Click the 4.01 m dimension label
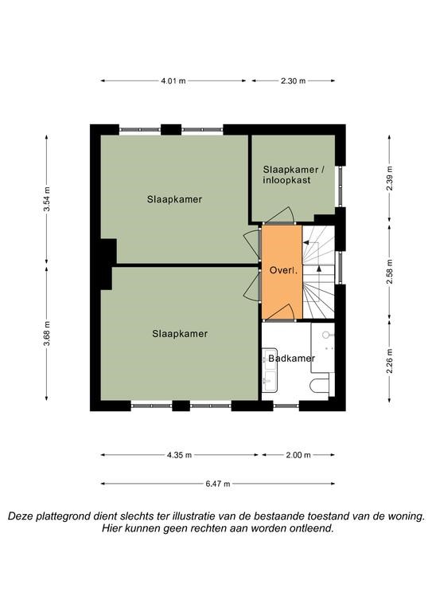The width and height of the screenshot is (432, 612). [173, 81]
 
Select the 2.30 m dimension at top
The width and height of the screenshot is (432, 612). [293, 81]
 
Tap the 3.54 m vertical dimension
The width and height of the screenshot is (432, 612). [47, 198]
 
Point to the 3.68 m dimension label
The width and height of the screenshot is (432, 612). [47, 333]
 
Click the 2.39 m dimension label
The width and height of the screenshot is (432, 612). [390, 178]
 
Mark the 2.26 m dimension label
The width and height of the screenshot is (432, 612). [390, 360]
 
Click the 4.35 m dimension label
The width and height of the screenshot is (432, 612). [179, 455]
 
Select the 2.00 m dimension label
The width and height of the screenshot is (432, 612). [298, 455]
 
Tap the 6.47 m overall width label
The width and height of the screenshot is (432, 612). [218, 484]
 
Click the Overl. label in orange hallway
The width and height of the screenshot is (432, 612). [283, 270]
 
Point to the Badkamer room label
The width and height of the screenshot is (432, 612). [291, 358]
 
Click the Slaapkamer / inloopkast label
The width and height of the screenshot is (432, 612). [294, 175]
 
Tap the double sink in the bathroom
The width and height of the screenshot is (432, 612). [269, 370]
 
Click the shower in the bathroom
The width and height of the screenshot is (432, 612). [322, 347]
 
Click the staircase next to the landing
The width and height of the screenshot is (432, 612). [319, 273]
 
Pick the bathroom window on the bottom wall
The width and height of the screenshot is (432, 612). [286, 406]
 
